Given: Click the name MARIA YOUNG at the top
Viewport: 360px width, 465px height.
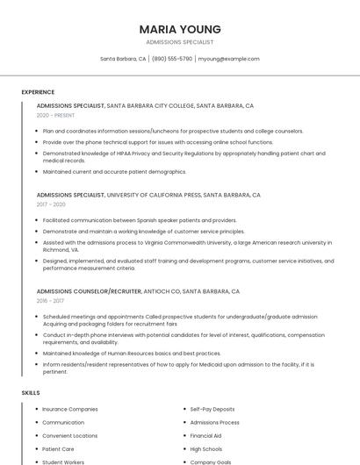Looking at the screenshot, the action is pos(179,29).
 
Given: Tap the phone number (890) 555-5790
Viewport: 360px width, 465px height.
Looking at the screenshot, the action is pos(172,59).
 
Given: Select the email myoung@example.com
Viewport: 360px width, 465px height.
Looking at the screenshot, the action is pos(228,59).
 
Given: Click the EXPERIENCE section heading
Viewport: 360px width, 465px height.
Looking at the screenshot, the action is pos(38,91).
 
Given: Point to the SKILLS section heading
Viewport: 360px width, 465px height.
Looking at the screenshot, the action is pos(31,392).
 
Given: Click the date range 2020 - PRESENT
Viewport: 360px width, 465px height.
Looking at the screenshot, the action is pos(55,115).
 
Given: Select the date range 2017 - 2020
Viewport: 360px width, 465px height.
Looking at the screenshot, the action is pos(51,204).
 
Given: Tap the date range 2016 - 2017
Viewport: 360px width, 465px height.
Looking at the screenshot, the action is pos(50,300).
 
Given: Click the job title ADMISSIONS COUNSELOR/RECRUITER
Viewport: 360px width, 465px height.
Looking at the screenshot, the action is pos(89,290).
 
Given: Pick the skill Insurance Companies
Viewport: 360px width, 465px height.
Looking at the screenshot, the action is pos(69,409).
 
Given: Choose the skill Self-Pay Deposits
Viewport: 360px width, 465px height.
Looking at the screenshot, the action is pos(212,409).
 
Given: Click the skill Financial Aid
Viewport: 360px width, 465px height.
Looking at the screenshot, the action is pos(205,435).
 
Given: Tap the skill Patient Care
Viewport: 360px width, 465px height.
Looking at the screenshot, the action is pos(58,448).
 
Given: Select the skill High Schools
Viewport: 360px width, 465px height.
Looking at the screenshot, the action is pos(206,448).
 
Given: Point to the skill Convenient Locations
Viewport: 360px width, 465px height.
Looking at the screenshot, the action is pos(69,435).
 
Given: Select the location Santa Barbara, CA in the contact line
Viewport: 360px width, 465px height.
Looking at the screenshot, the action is pos(123,59).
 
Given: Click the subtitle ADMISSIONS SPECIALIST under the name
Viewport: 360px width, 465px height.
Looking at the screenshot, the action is pos(179,42).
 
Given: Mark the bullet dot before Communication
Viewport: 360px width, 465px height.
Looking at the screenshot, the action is pos(37,422).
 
